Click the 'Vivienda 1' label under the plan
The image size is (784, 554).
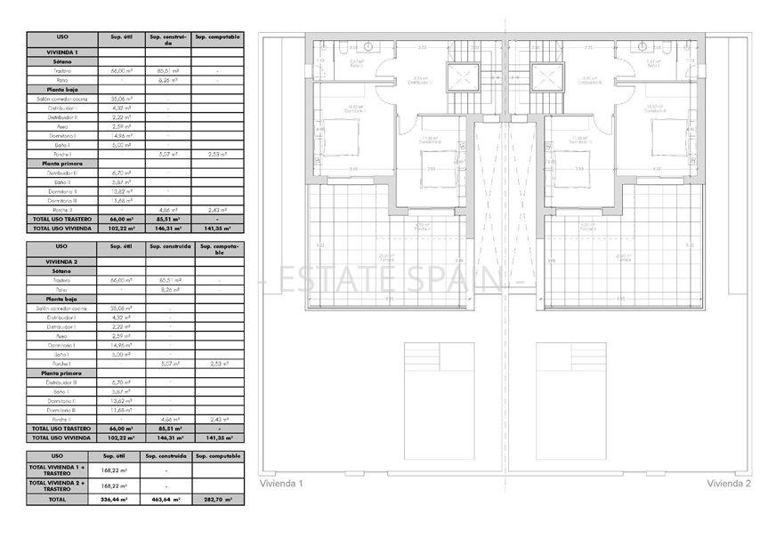tap(281, 484)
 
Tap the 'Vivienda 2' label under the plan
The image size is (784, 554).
tap(730, 484)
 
